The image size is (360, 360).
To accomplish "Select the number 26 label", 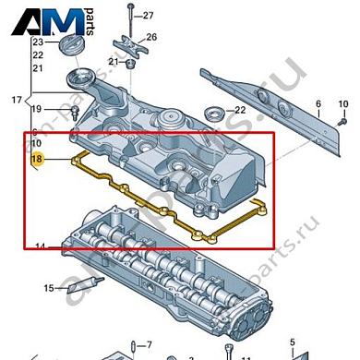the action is tap(152, 38).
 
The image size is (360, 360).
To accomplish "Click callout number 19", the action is tap(37, 111).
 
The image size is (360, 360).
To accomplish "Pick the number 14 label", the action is tap(40, 246).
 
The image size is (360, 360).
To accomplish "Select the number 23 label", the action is tap(37, 43).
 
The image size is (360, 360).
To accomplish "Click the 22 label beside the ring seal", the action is tap(240, 111).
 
